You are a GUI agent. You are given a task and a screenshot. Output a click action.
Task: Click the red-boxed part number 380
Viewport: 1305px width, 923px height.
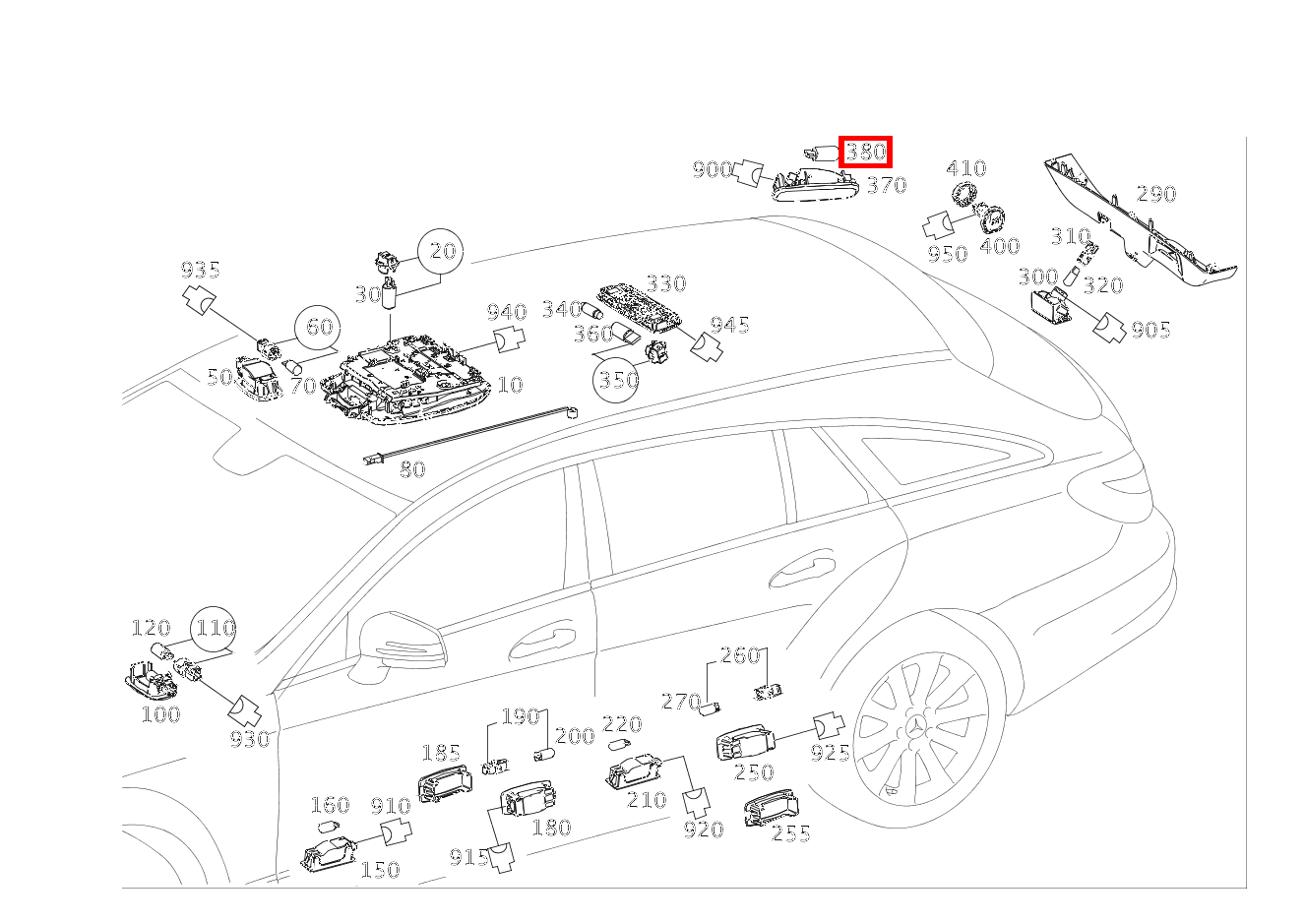865,152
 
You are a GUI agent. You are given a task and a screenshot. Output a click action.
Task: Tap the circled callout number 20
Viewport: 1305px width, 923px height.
442,251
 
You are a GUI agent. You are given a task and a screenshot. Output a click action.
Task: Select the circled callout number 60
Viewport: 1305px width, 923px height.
319,327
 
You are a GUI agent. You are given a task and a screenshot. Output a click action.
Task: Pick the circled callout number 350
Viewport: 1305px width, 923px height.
617,379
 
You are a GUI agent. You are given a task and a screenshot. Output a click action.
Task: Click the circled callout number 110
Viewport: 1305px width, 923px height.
214,628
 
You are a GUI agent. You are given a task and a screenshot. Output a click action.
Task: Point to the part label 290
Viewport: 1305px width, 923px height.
1156,194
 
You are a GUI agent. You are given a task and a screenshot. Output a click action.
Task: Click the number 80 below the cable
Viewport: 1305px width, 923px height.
412,469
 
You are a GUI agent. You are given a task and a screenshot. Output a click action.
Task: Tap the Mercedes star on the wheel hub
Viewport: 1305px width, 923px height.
916,733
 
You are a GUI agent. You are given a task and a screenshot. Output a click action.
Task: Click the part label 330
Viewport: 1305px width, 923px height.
666,283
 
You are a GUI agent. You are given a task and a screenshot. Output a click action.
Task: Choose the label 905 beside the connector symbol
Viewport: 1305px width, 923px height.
1150,330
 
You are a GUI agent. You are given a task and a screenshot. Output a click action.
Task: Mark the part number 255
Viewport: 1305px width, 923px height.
791,834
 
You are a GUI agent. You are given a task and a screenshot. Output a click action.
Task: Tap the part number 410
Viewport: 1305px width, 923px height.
966,168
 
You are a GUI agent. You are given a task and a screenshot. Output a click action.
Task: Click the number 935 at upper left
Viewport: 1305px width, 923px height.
200,270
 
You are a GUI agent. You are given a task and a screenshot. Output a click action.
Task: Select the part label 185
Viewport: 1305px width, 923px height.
441,754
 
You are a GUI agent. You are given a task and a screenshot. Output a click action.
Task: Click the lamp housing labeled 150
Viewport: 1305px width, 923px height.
331,854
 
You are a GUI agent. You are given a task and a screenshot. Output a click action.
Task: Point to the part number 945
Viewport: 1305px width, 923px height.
730,325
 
